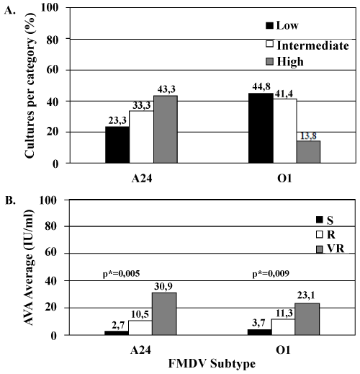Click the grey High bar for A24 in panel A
click(166, 129)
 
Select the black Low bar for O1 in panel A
click(261, 128)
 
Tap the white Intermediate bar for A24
click(142, 137)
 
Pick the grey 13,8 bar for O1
click(308, 152)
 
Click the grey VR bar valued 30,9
click(164, 313)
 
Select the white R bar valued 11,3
click(283, 327)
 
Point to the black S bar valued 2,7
click(117, 333)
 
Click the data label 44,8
click(261, 86)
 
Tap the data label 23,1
click(306, 295)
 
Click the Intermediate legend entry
click(307, 45)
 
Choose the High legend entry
click(285, 61)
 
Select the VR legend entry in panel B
click(330, 249)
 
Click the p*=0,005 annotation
click(121, 274)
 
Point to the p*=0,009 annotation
click(271, 274)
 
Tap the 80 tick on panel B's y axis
click(51, 226)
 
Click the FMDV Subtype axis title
click(212, 364)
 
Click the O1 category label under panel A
click(284, 179)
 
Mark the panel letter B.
click(11, 201)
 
